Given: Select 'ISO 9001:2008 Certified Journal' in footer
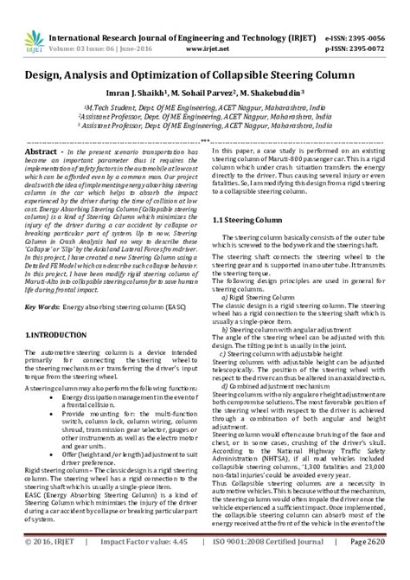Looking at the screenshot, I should click(x=266, y=564).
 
